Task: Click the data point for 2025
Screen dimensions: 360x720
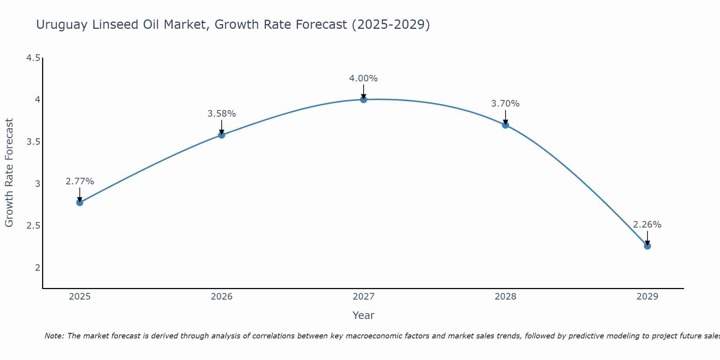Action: click(x=80, y=202)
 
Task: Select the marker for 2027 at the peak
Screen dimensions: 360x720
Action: click(x=363, y=99)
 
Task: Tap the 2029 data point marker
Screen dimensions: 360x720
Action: click(x=647, y=246)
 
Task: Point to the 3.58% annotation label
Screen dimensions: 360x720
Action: click(x=221, y=114)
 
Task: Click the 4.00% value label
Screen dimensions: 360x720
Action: click(x=363, y=78)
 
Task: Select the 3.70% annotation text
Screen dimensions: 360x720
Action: click(x=505, y=104)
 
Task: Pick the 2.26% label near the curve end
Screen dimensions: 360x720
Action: click(x=647, y=225)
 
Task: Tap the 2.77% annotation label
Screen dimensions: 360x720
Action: click(x=80, y=181)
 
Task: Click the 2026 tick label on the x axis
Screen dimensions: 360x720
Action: click(x=221, y=297)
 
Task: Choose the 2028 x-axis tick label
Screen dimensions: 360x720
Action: click(x=505, y=297)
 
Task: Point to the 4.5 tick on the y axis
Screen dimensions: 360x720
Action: click(x=33, y=58)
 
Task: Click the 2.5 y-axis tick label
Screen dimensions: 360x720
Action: click(x=33, y=226)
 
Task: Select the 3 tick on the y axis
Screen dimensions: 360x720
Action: click(x=37, y=184)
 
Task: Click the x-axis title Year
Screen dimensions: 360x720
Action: click(x=363, y=315)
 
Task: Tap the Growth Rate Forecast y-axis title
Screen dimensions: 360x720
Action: click(x=9, y=173)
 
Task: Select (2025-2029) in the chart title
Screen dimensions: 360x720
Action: click(x=391, y=25)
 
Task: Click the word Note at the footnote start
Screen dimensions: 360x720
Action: click(x=54, y=336)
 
